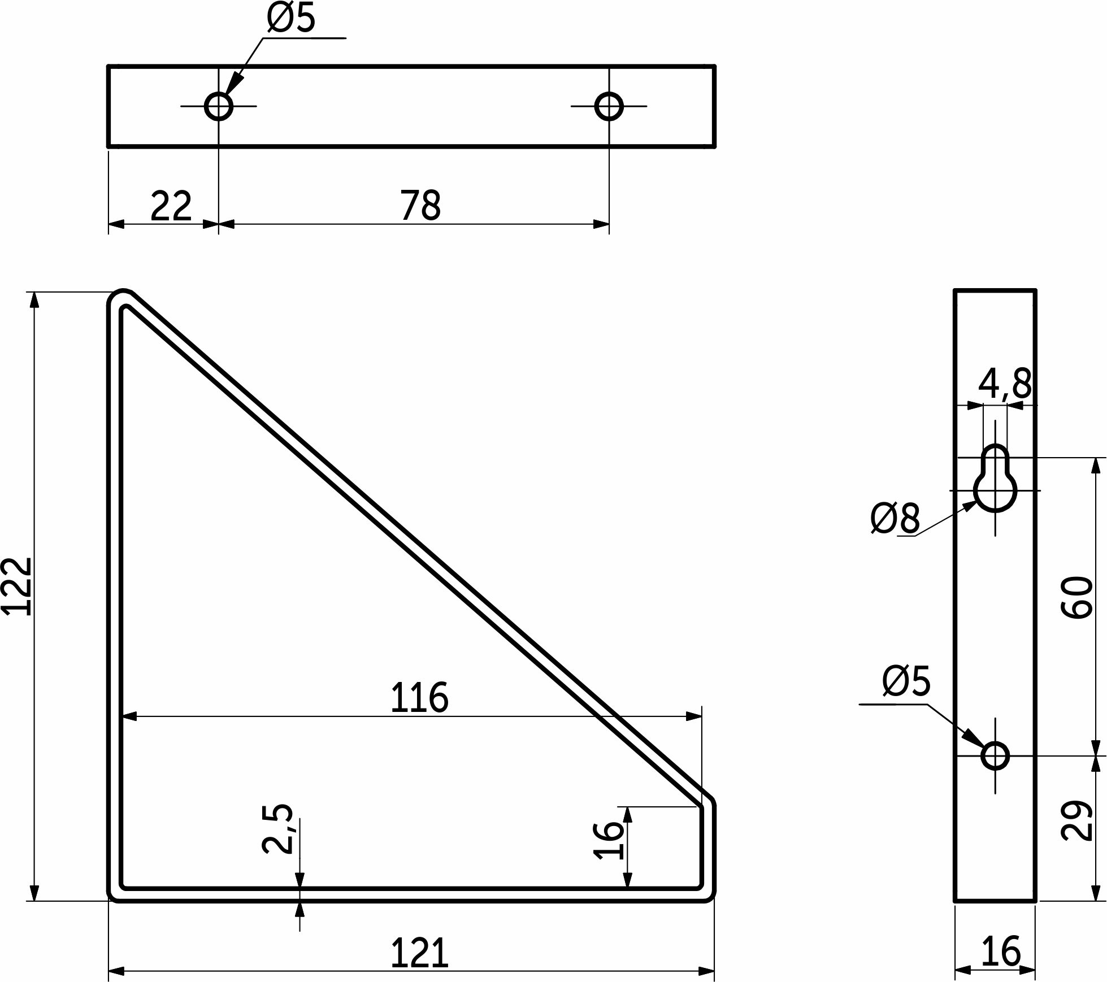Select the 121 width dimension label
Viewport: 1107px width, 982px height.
point(419,953)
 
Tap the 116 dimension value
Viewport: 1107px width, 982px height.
point(419,698)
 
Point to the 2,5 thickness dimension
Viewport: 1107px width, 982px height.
point(278,828)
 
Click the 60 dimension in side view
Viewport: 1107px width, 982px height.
point(1076,598)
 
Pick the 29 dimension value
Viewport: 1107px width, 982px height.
point(1076,821)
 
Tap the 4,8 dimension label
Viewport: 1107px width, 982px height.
point(1005,384)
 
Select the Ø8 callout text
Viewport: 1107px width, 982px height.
point(896,518)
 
